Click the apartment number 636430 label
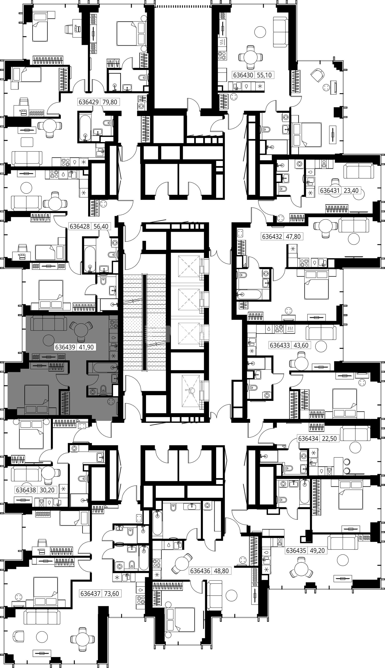(x=243, y=75)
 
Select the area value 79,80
(x=110, y=102)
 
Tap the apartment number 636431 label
(x=330, y=190)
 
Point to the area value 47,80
(x=294, y=236)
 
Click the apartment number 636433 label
(x=280, y=345)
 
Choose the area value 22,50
(x=329, y=438)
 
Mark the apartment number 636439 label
(x=65, y=347)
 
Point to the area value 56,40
(x=101, y=226)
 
